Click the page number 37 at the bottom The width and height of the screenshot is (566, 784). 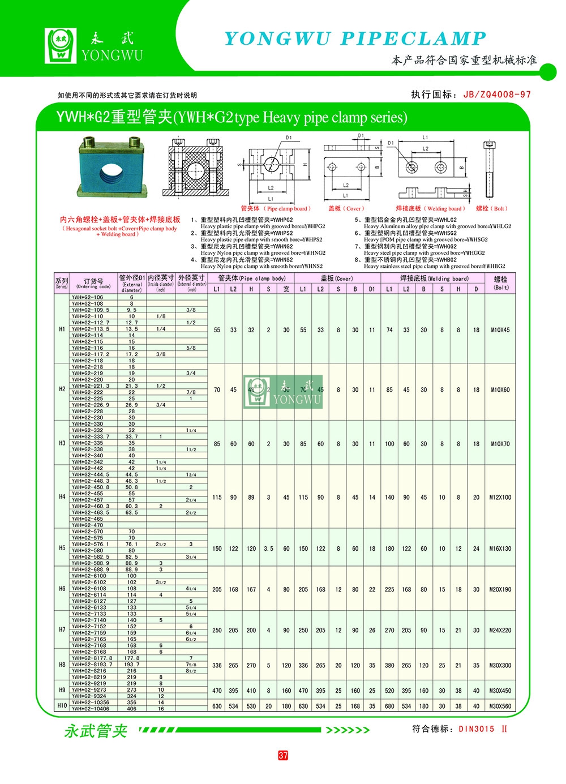coord(283,755)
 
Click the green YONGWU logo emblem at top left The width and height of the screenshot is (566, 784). coord(61,45)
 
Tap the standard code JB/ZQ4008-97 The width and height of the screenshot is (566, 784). coord(497,95)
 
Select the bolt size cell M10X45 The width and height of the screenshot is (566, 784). coord(500,329)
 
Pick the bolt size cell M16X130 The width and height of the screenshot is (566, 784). coord(500,549)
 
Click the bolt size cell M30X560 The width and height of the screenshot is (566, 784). coord(500,706)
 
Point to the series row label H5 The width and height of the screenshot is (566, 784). coord(62,548)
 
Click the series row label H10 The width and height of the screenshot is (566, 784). coord(62,706)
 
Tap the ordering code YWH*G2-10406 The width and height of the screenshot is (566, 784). coord(91,709)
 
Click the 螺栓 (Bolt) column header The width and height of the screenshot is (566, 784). coord(501,283)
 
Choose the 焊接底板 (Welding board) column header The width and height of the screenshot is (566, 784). coord(434,279)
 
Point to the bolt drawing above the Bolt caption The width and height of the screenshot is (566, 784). coord(490,170)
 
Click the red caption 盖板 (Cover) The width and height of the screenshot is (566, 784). coord(346,208)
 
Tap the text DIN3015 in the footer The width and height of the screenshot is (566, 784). coord(477,729)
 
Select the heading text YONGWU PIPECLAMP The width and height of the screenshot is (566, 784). coord(355,38)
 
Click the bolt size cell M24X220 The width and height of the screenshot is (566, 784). coord(500,630)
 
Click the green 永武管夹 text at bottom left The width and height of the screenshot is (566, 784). coord(96,731)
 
